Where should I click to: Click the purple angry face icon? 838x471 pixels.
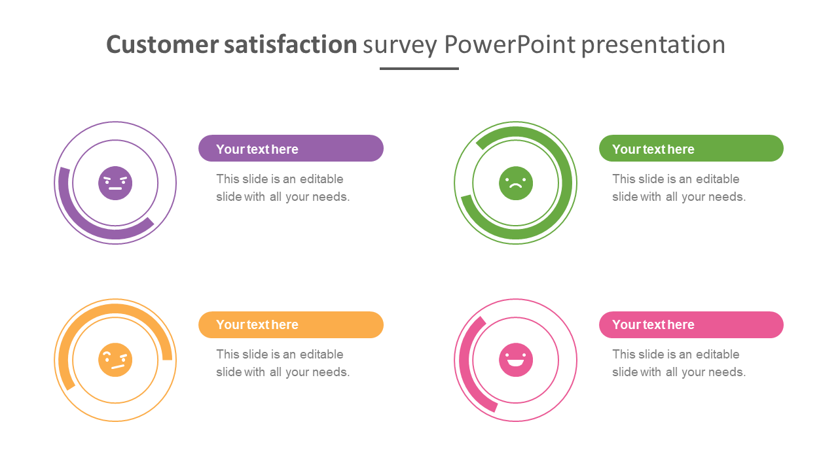coord(115,183)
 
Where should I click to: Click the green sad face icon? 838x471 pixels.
coord(515,183)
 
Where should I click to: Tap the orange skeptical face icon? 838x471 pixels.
coord(115,360)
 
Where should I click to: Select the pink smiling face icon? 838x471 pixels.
coord(515,360)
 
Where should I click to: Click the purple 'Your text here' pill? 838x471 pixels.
coord(291,148)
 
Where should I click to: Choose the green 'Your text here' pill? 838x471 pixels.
coord(691,148)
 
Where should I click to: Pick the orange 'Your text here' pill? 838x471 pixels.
coord(291,325)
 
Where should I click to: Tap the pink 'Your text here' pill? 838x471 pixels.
coord(691,325)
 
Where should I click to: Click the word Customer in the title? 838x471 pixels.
coord(162,44)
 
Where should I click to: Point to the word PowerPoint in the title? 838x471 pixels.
coord(509,44)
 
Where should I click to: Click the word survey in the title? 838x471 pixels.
coord(400,46)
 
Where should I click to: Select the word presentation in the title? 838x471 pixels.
coord(653,46)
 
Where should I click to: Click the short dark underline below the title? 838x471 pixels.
coord(419,69)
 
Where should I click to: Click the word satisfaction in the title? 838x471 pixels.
coord(291,44)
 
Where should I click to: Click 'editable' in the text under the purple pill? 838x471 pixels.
coord(321,179)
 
